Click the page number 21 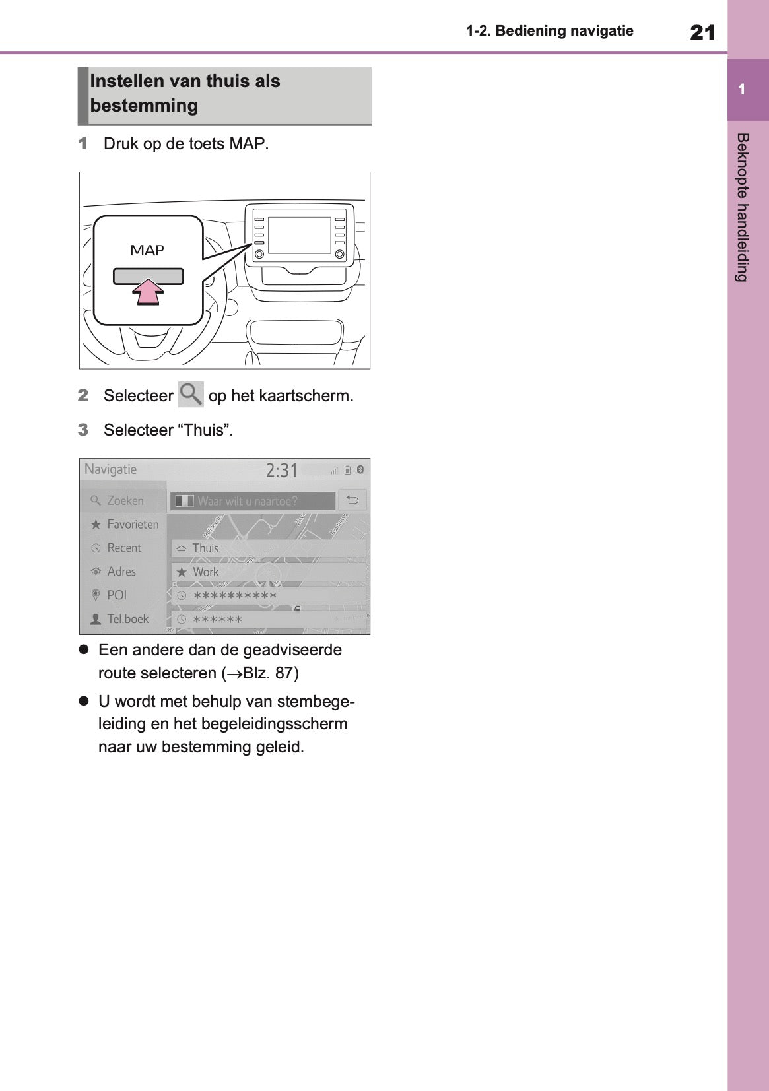pos(702,32)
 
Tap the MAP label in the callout pos(147,251)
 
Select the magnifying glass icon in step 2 pos(191,395)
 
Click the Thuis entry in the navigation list pos(205,548)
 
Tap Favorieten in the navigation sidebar pos(133,525)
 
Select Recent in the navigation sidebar pos(124,548)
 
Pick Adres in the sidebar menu pos(121,572)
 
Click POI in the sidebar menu pos(117,595)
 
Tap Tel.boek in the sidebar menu pos(127,619)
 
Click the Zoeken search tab pos(125,501)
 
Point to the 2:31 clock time pos(282,471)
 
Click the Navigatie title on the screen pos(111,469)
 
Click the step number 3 pos(83,430)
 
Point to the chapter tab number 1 pos(742,90)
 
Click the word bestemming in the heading pos(144,106)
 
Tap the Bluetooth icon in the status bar pos(360,470)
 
